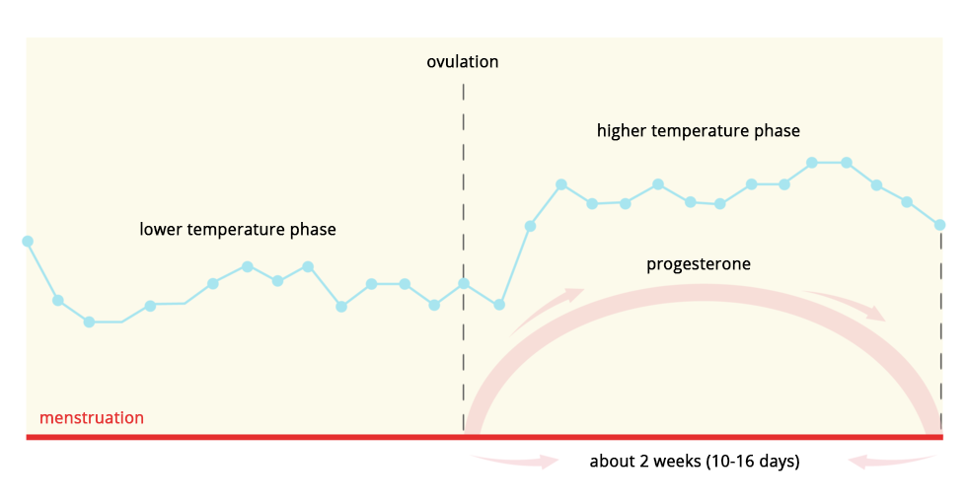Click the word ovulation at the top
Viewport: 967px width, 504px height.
click(x=463, y=61)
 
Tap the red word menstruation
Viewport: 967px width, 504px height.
click(x=91, y=418)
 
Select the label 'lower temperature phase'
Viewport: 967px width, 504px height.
click(x=238, y=229)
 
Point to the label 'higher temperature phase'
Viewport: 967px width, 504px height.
click(x=699, y=130)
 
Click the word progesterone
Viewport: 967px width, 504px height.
click(x=699, y=263)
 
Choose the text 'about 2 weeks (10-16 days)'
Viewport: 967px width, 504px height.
click(x=695, y=461)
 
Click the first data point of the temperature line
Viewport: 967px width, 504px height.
click(x=28, y=241)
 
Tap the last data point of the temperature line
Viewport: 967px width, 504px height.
click(x=939, y=225)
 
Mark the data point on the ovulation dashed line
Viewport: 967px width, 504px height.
click(x=464, y=283)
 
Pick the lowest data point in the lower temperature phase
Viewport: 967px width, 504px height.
click(x=90, y=322)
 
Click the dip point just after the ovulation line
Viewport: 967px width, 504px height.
click(x=499, y=305)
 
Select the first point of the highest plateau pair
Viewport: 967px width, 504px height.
click(x=812, y=163)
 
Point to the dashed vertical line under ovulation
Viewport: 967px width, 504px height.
click(x=463, y=257)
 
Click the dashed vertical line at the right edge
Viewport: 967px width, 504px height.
click(x=941, y=332)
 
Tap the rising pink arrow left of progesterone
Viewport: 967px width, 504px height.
click(x=547, y=310)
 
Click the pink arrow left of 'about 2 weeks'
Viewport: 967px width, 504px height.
click(x=515, y=461)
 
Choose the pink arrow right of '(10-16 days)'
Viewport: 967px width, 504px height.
click(x=893, y=461)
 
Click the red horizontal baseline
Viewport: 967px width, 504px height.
click(x=484, y=437)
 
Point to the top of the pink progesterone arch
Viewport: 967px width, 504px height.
click(x=702, y=292)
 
